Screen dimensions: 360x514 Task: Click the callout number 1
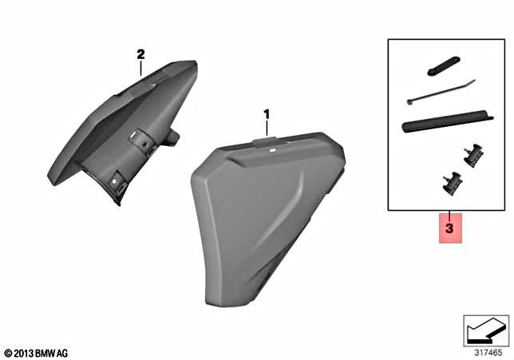[x=267, y=115]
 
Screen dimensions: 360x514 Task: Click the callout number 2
[x=140, y=54]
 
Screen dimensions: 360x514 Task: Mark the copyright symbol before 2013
[x=8, y=352]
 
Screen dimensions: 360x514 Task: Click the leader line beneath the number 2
[x=140, y=68]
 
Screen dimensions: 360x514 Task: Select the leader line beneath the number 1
[x=267, y=129]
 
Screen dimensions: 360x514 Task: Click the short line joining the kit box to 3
[x=449, y=215]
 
